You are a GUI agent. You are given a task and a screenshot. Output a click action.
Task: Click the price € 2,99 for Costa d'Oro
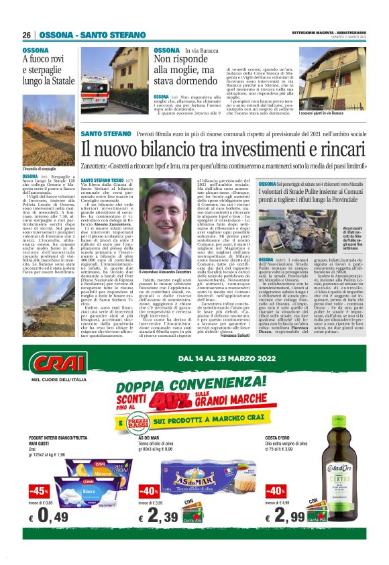(x=289, y=517)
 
